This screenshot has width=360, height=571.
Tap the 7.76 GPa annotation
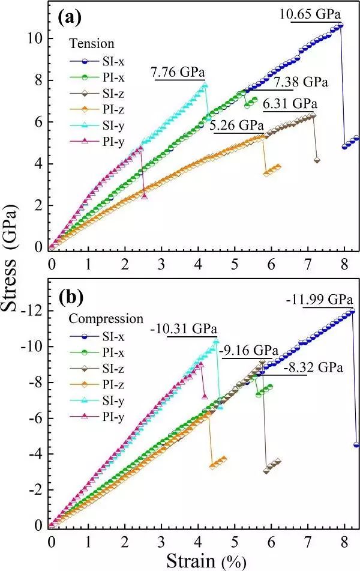click(178, 73)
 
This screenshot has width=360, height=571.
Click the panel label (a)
click(70, 17)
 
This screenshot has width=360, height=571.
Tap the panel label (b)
click(70, 297)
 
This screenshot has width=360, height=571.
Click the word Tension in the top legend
click(92, 44)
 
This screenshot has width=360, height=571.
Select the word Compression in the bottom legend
click(106, 319)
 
